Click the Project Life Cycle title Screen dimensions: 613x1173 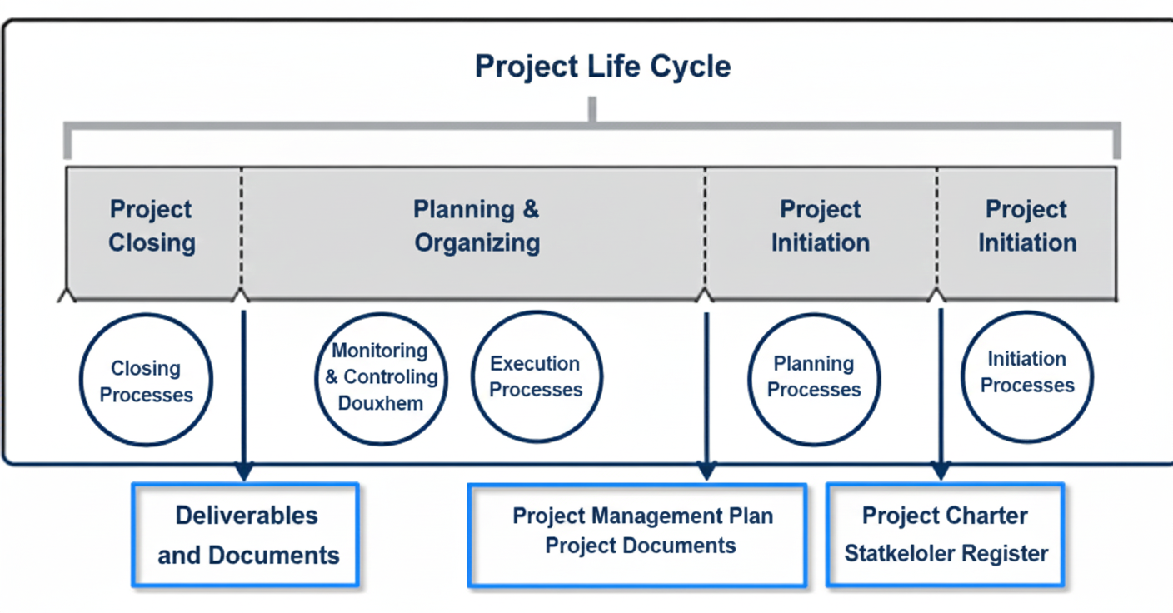coord(602,66)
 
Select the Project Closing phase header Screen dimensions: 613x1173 coord(152,226)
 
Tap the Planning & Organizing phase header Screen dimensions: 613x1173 coord(477,226)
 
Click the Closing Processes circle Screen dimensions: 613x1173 coord(146,381)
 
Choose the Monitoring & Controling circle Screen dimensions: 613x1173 coord(382,377)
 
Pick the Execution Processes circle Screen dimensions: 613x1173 coord(536,377)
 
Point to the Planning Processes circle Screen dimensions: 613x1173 coord(814,378)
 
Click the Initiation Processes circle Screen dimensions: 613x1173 coord(1026,375)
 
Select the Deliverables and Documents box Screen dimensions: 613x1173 coord(247,535)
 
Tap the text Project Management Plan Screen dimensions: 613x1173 coord(642,516)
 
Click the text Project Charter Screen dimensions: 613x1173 coord(945,516)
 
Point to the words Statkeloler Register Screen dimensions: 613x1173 coord(946,553)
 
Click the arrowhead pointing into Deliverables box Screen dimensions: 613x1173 coord(243,471)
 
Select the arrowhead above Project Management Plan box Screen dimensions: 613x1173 coord(706,471)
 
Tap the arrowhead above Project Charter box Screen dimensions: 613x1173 coord(941,471)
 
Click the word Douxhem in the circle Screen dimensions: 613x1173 coord(381,404)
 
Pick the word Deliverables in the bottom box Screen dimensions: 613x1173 coord(247,516)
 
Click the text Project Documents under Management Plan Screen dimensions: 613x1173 coord(641,546)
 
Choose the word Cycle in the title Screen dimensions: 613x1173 coord(691,66)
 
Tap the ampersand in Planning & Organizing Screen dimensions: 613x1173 coord(531,209)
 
